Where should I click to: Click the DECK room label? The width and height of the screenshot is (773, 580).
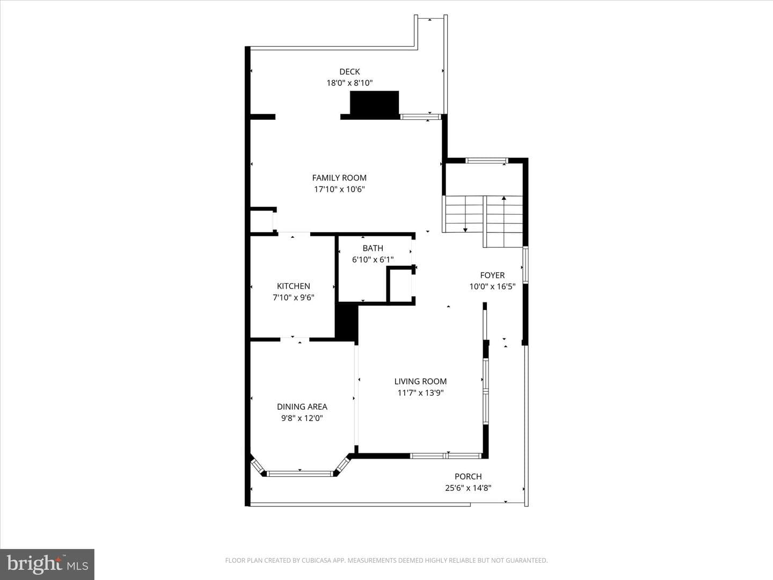pyautogui.click(x=349, y=72)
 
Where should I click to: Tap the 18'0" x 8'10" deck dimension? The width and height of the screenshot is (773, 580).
pyautogui.click(x=349, y=83)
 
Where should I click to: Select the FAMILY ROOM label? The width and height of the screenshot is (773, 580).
pyautogui.click(x=339, y=178)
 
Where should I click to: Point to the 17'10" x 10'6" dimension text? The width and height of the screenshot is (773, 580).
pyautogui.click(x=339, y=190)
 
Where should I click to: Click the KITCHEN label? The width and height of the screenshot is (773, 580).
pyautogui.click(x=293, y=286)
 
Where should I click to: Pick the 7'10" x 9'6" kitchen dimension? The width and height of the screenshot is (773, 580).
pyautogui.click(x=293, y=298)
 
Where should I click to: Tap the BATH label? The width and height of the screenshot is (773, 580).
pyautogui.click(x=373, y=248)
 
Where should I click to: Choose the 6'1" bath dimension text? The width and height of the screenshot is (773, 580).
pyautogui.click(x=386, y=260)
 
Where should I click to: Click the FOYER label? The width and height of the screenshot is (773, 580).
pyautogui.click(x=492, y=275)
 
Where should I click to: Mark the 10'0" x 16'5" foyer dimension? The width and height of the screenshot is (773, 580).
pyautogui.click(x=492, y=287)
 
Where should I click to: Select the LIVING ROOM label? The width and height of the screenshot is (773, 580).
pyautogui.click(x=420, y=381)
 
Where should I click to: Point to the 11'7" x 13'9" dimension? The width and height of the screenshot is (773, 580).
pyautogui.click(x=420, y=393)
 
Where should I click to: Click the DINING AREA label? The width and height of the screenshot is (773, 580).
pyautogui.click(x=302, y=407)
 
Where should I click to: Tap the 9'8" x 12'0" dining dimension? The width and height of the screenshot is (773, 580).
pyautogui.click(x=302, y=418)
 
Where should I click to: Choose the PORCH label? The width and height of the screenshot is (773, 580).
pyautogui.click(x=468, y=476)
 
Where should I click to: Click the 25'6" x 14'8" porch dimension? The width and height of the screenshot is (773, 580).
pyautogui.click(x=468, y=488)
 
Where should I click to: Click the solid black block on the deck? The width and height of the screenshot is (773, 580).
pyautogui.click(x=374, y=103)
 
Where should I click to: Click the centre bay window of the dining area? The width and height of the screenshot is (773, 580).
pyautogui.click(x=300, y=474)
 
